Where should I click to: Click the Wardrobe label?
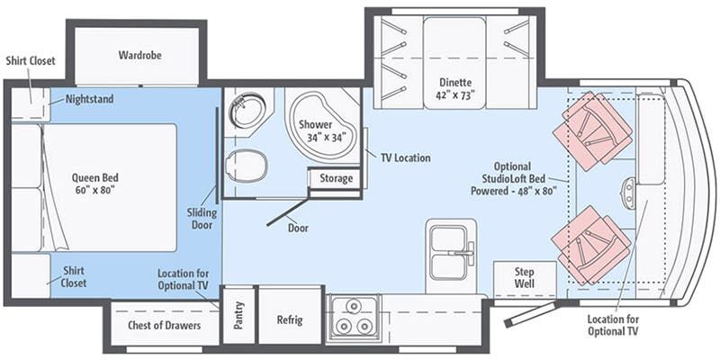[x=140, y=55]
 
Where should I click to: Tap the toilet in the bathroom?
[x=247, y=166]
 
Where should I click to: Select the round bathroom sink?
[x=248, y=110]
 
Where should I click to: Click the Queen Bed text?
[x=94, y=184]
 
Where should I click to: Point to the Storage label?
[x=336, y=178]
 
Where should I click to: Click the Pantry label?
[x=238, y=315]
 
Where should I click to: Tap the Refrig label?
[x=290, y=319]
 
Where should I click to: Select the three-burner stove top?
[x=354, y=316]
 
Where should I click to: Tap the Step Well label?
[x=524, y=277]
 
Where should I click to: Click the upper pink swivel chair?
[x=592, y=130]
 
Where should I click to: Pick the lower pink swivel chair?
[x=591, y=244]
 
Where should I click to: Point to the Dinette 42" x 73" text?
[x=455, y=89]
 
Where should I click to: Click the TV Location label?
[x=406, y=158]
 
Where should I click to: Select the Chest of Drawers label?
[x=164, y=326]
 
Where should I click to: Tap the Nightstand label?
[x=89, y=99]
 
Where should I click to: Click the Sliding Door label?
[x=202, y=219]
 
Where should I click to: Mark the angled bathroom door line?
[x=288, y=211]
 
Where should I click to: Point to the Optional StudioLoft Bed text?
[x=513, y=178]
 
